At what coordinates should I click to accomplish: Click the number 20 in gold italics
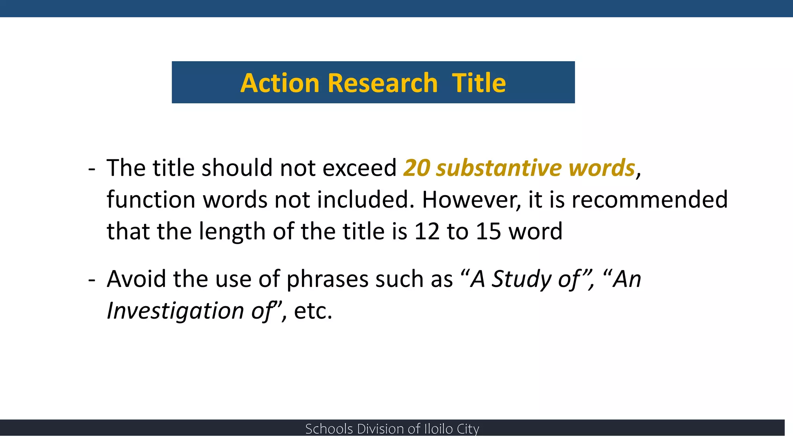[x=416, y=168]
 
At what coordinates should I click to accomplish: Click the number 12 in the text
[x=427, y=231]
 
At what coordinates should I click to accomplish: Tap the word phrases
[x=327, y=279]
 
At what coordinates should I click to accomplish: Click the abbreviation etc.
[x=313, y=311]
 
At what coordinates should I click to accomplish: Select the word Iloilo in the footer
[x=438, y=429]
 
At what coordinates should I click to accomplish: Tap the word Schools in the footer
[x=329, y=429]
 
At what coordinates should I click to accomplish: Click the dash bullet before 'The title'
[x=92, y=169]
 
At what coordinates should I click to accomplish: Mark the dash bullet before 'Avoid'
[x=92, y=280]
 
